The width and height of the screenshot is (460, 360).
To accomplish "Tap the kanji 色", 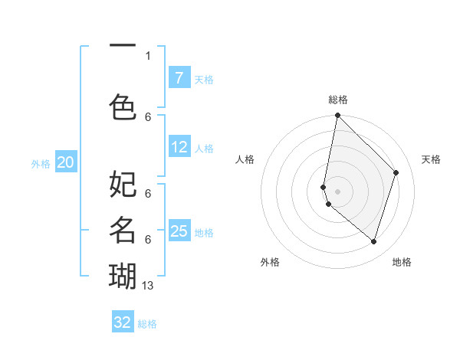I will [x=123, y=106].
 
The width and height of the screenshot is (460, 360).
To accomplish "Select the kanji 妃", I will [x=123, y=185].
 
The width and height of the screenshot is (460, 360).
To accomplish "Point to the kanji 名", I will [x=123, y=228].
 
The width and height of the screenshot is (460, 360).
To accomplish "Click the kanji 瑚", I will [x=123, y=274].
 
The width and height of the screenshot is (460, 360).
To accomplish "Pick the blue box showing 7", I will [x=179, y=78].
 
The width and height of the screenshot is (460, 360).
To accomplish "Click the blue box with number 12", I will [x=179, y=147].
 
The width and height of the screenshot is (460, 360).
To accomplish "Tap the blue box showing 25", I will [x=179, y=231].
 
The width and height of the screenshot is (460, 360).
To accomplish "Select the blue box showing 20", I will [x=66, y=162].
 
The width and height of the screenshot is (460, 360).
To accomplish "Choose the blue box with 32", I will [x=123, y=322].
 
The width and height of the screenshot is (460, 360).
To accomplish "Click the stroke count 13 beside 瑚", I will [x=148, y=286].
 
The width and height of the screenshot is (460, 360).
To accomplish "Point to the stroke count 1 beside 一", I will [x=148, y=55].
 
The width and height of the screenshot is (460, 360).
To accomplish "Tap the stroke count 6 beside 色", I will [x=148, y=116].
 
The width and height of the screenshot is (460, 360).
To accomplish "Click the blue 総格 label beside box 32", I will [x=147, y=324].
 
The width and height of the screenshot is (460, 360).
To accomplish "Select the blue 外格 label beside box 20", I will [x=41, y=164].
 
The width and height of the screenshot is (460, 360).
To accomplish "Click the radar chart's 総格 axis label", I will [x=338, y=100].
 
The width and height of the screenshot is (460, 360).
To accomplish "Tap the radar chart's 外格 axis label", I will [x=270, y=262].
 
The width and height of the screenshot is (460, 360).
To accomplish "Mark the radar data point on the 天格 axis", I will [x=396, y=172].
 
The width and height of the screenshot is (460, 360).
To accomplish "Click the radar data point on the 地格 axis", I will [x=373, y=241].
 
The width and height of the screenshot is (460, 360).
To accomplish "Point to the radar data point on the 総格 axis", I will [x=337, y=116].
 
